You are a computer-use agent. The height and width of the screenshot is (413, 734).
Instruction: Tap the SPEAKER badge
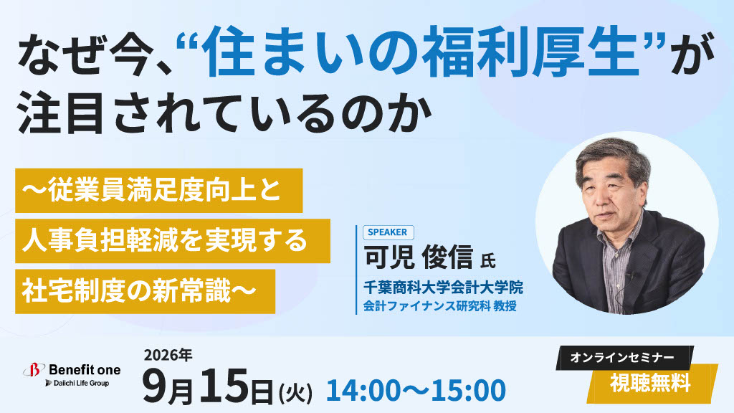point(388,232)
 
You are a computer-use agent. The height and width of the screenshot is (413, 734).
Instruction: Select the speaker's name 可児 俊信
point(419,257)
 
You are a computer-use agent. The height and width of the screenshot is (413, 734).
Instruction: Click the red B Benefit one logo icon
point(34,371)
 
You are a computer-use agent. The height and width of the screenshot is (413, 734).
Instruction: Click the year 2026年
point(168,355)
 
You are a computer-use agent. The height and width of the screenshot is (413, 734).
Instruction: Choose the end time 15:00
point(469,390)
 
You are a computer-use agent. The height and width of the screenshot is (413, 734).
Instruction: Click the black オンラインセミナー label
point(622,358)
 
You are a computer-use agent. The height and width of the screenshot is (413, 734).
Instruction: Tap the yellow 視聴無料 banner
point(652,384)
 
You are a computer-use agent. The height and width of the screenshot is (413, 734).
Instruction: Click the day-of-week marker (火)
point(295,392)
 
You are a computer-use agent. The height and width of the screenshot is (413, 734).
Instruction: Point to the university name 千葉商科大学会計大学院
point(443,287)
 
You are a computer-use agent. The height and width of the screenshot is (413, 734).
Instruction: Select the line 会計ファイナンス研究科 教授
point(440,306)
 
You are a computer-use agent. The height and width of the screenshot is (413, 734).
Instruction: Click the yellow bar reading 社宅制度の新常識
point(145,291)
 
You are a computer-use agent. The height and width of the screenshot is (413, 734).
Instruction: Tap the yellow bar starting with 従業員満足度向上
point(158,191)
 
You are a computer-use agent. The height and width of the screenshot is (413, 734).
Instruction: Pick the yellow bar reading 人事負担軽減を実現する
point(173,241)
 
